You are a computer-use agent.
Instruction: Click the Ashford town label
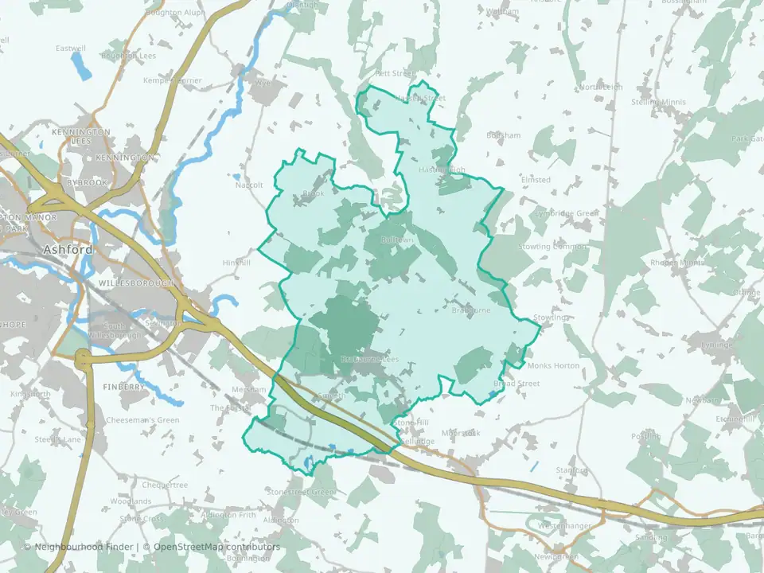click(68, 250)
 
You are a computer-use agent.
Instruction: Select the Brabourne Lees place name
click(368, 360)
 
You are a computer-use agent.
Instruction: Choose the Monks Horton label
click(554, 365)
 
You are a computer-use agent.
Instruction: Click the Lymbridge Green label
click(567, 213)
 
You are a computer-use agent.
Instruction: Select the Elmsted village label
click(536, 180)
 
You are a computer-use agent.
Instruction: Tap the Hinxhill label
click(236, 263)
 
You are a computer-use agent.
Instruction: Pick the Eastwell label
click(70, 49)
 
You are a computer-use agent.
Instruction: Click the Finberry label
click(123, 387)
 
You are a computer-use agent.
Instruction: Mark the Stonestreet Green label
click(302, 493)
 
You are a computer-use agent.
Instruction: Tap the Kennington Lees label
click(81, 136)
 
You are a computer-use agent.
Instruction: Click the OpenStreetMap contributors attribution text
click(216, 548)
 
